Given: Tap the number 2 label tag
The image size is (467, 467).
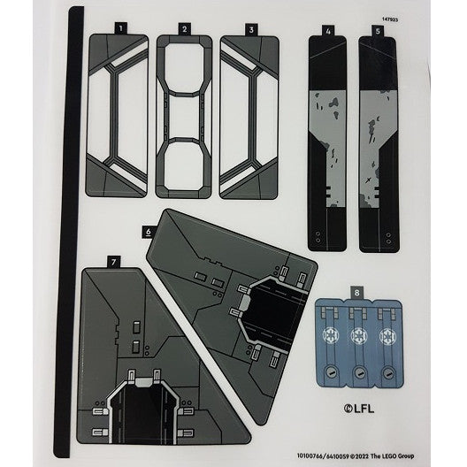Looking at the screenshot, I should tap(183, 29).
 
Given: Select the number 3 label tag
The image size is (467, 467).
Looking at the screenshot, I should tap(251, 29).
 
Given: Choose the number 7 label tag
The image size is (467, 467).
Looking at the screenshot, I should tap(112, 262).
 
